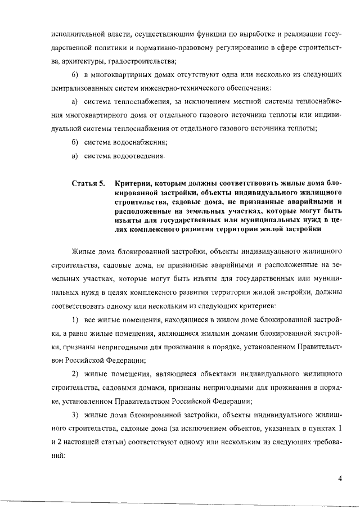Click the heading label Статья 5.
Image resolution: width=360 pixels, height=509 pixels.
(88, 184)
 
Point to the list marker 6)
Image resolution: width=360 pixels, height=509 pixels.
(76, 76)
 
